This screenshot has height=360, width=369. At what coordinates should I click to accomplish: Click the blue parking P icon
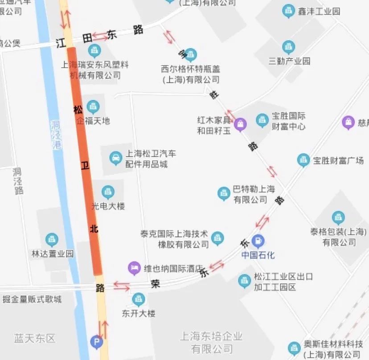[96, 341]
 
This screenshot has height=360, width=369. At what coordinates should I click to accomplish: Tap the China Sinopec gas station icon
[258, 241]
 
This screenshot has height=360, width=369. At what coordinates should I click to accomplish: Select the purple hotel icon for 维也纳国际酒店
[134, 268]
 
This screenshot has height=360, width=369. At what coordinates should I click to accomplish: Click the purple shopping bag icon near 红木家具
[240, 125]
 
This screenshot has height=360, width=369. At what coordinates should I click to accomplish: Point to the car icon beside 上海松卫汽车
[115, 158]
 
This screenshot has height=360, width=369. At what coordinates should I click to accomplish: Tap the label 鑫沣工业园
[319, 11]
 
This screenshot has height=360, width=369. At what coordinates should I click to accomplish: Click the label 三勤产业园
[290, 61]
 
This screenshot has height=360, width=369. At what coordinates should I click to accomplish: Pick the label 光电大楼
[108, 206]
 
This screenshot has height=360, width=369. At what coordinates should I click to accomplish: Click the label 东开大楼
[139, 313]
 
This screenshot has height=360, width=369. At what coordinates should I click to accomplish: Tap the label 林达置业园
[53, 254]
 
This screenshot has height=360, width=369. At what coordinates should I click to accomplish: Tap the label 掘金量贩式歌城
[32, 299]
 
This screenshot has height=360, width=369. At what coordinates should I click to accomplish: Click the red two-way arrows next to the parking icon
[103, 330]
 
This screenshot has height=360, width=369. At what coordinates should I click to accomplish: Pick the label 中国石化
[258, 255]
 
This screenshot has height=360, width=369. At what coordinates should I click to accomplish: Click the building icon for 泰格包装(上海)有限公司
[338, 217]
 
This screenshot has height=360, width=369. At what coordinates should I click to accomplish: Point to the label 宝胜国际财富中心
[288, 121]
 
